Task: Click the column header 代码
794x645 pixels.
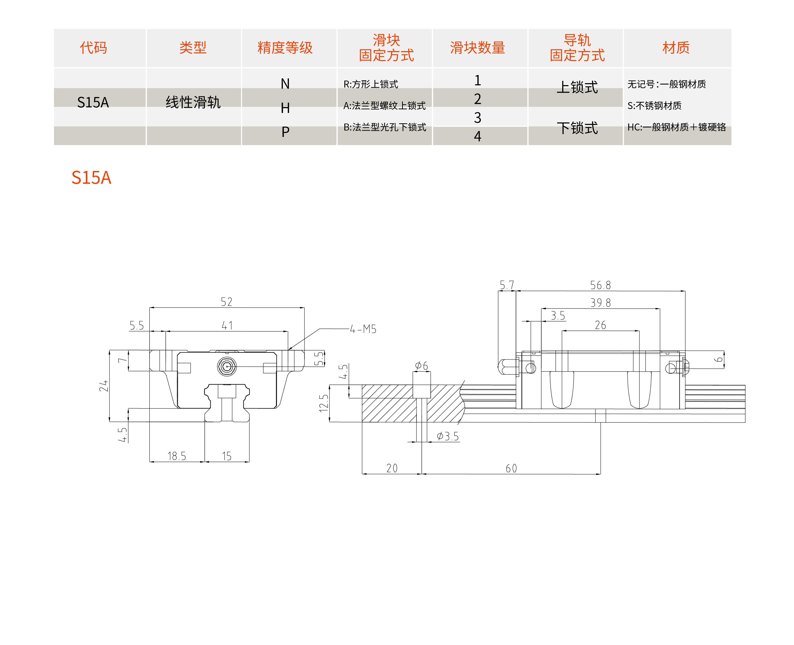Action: tap(94, 48)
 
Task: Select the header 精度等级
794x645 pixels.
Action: tap(285, 48)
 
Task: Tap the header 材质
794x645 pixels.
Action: tap(676, 48)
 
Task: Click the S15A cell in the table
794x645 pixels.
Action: tap(93, 102)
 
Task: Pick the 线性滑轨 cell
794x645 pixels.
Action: tap(193, 102)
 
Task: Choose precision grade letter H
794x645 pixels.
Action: tap(285, 108)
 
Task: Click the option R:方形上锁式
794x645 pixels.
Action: tap(371, 84)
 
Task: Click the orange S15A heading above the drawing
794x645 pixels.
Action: tap(91, 177)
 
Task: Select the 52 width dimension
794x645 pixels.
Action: tap(226, 302)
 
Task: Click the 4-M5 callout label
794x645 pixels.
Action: tap(363, 329)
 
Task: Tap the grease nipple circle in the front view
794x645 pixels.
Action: tap(227, 367)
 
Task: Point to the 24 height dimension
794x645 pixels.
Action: tap(104, 386)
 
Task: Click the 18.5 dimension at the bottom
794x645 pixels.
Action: tap(177, 456)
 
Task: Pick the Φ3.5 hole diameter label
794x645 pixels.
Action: tap(448, 436)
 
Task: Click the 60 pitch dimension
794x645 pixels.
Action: tap(511, 468)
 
